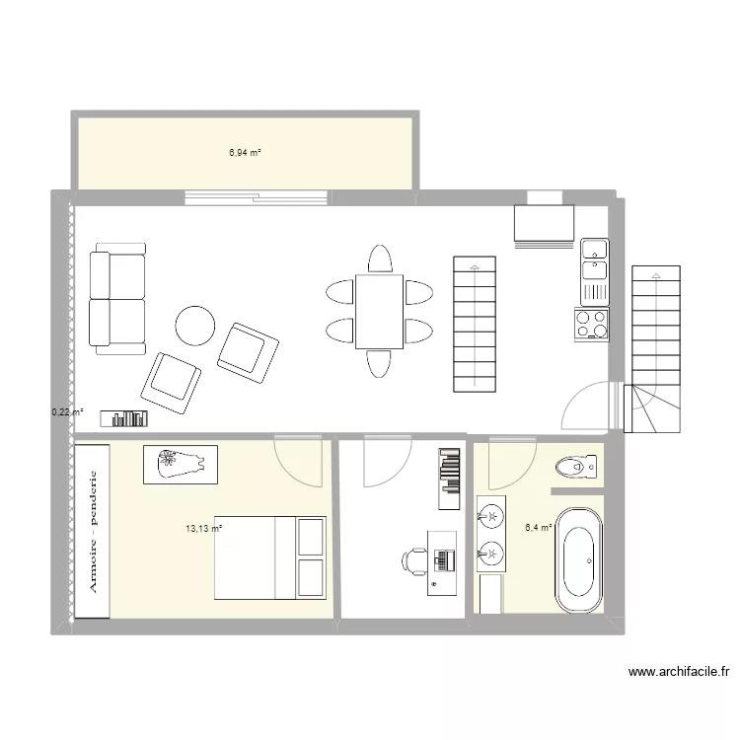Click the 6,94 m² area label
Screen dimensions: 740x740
pyautogui.click(x=245, y=152)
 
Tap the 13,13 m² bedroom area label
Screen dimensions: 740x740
pyautogui.click(x=204, y=529)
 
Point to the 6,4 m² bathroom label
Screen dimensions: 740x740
pyautogui.click(x=539, y=528)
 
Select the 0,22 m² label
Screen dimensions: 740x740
pyautogui.click(x=67, y=412)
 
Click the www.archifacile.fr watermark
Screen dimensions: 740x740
pyautogui.click(x=679, y=672)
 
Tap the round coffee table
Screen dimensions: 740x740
pyautogui.click(x=195, y=326)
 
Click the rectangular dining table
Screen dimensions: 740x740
pyautogui.click(x=380, y=312)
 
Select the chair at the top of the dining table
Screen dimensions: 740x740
pyautogui.click(x=380, y=259)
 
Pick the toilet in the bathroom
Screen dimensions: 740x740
pyautogui.click(x=576, y=468)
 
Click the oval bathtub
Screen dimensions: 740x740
pyautogui.click(x=579, y=560)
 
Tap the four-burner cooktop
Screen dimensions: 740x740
pyautogui.click(x=592, y=325)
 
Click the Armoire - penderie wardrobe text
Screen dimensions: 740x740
pyautogui.click(x=93, y=532)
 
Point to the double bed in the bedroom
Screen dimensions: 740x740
pyautogui.click(x=270, y=557)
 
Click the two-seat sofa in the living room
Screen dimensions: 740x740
pyautogui.click(x=117, y=299)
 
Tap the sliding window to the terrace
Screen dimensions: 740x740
pyautogui.click(x=257, y=197)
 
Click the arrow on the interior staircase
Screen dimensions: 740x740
pyautogui.click(x=475, y=326)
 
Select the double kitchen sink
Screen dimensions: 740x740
pyautogui.click(x=595, y=272)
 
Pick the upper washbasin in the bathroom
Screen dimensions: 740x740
pyautogui.click(x=490, y=515)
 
